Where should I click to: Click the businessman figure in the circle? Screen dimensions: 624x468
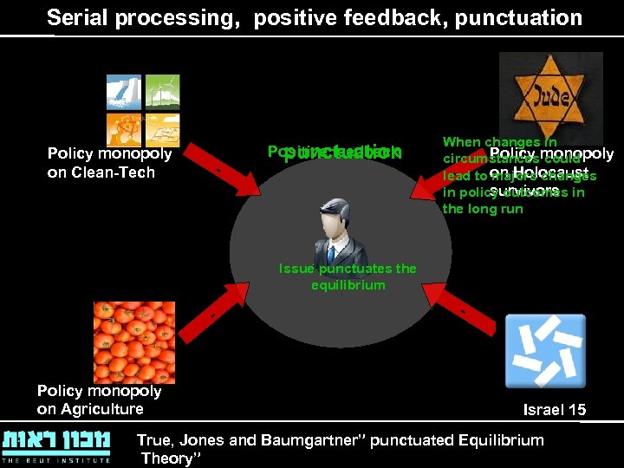point(330,230)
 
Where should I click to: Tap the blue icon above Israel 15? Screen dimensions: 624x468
point(544,350)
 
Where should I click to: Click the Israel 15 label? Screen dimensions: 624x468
point(555,410)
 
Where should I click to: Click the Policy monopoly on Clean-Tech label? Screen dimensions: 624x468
point(109,163)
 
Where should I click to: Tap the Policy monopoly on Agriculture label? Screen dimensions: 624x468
point(99,400)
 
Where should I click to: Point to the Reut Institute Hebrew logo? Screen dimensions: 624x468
point(56,445)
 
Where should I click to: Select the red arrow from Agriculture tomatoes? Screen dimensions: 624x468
point(218,311)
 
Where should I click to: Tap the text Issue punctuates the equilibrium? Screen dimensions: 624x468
point(347,276)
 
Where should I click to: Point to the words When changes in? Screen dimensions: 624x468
point(499,141)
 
